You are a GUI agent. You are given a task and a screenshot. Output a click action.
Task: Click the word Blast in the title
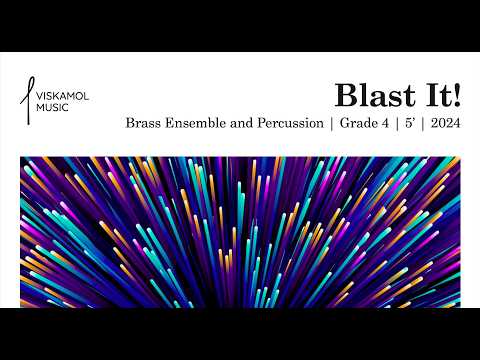pos(369,96)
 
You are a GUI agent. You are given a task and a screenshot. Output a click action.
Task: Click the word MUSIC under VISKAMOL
pos(52,106)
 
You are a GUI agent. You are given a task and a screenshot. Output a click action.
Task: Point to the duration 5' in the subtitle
pos(410,125)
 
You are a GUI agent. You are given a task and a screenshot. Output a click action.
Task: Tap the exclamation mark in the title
pos(457,96)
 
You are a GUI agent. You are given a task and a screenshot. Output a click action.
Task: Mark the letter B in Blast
pos(345,96)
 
